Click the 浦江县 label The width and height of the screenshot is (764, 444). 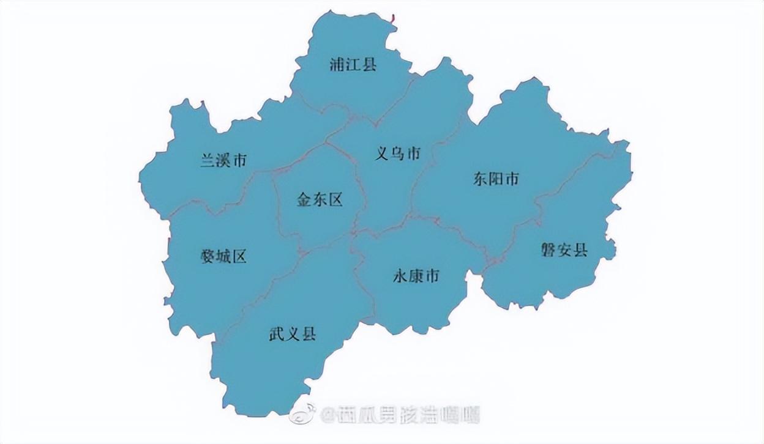point(353,64)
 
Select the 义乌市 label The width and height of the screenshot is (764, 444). point(398,154)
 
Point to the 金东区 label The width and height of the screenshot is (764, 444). point(320,199)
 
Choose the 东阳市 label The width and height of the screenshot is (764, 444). point(496,179)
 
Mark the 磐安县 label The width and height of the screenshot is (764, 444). point(564,250)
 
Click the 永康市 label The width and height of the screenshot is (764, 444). point(416,276)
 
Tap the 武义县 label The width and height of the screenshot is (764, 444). point(292,334)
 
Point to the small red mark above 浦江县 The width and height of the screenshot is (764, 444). point(392,19)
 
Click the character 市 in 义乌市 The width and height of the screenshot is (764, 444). point(414,154)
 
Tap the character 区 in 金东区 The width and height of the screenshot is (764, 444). point(335,199)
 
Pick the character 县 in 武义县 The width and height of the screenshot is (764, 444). point(308,334)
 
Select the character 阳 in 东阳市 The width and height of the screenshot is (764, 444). point(496,179)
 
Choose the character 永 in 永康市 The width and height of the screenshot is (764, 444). point(400,276)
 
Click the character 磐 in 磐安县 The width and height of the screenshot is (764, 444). point(549,250)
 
